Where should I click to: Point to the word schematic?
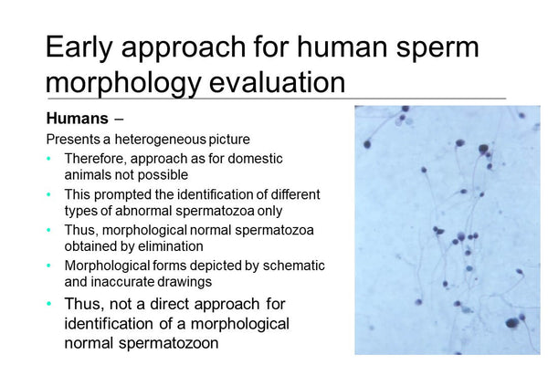293,265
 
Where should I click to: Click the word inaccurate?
121,282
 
